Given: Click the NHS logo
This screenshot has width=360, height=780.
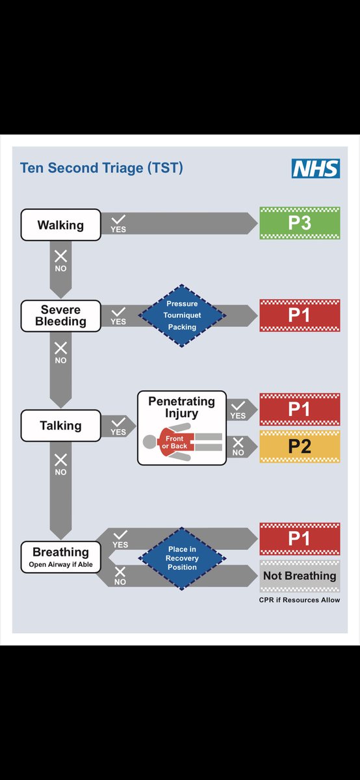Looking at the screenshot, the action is pos(316,168).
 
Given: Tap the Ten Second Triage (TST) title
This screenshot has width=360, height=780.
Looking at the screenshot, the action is pos(101,168).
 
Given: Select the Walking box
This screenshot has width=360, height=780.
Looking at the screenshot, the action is pos(61,225).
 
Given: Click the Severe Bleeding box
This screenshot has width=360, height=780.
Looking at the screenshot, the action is pos(61,315).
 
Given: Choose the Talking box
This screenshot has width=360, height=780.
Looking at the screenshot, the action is pos(61,426).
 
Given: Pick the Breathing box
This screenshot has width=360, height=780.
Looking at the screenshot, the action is pos(61,557).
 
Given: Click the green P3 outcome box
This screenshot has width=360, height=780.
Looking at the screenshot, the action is pos(300,223).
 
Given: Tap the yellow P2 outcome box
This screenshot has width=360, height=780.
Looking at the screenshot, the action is pos(300,447).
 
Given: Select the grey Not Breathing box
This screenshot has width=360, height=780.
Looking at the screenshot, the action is pos(300,576).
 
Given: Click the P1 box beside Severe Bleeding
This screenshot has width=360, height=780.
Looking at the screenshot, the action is pos(300,315).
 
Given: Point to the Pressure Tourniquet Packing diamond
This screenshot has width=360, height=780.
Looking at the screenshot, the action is pos(182,315).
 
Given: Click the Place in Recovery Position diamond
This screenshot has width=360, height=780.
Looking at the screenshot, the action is pos(182,558).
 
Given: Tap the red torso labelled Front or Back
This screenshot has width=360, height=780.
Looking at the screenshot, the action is pos(175,442).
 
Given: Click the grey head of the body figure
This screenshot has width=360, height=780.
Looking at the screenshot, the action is pos(149,442).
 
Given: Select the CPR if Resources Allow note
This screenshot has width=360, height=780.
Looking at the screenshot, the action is pos(300,600).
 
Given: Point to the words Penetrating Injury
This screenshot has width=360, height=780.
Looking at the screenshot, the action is pos(182,407).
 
